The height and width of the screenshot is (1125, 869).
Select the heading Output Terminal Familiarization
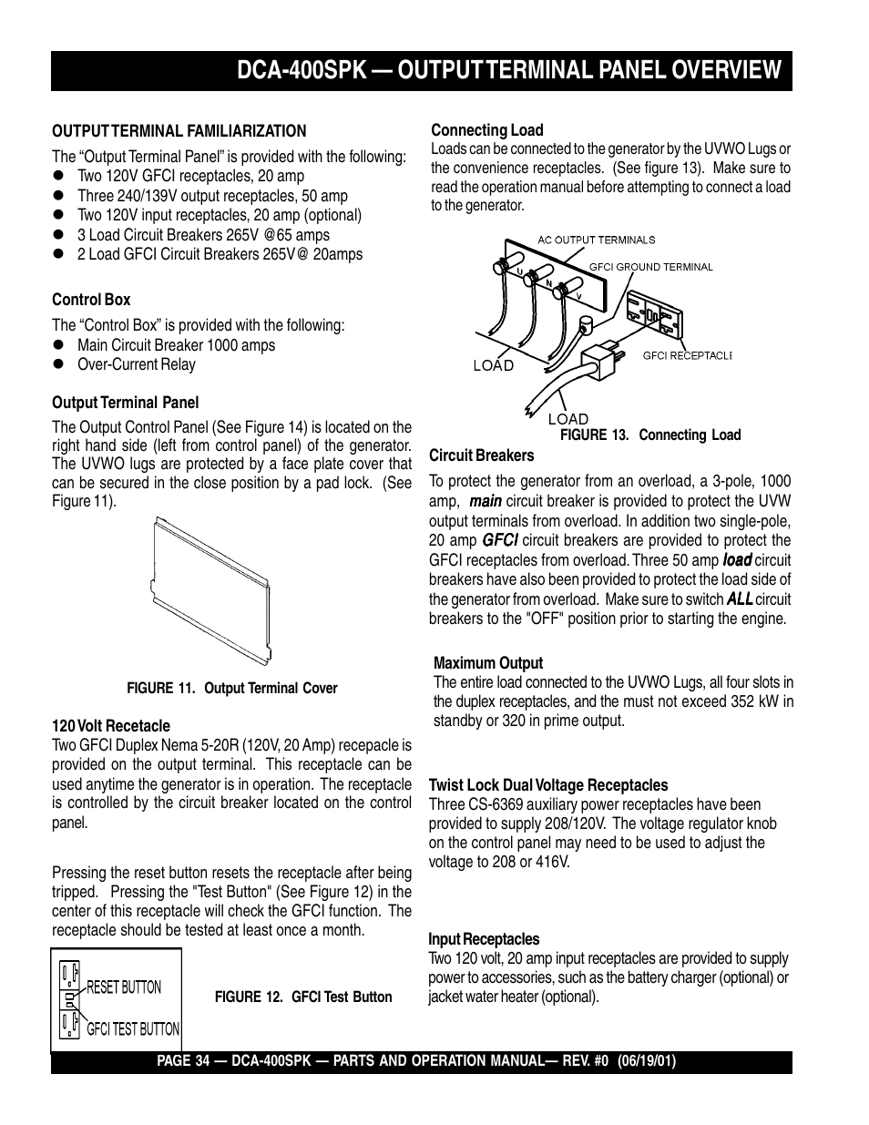coord(179,131)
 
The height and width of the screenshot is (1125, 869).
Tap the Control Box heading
coord(91,300)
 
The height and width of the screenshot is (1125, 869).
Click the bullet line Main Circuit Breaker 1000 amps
coord(176,345)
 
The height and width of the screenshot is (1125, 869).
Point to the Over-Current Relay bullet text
coord(136,364)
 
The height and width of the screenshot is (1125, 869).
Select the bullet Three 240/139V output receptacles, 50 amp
coord(212,196)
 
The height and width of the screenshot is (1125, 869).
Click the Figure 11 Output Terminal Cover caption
coord(231,689)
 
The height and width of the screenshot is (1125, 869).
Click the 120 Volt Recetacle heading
coord(110,726)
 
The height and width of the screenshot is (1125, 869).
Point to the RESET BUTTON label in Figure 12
coord(123,987)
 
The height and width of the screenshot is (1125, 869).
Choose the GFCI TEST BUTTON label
coord(133,1028)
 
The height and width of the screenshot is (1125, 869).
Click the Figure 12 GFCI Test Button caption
coord(302,997)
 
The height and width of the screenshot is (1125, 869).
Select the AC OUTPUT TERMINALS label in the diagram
coord(596,240)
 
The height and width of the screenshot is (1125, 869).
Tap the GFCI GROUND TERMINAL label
coord(650,268)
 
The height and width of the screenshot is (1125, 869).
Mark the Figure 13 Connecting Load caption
coord(649,435)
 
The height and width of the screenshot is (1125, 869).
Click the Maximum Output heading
coord(487,663)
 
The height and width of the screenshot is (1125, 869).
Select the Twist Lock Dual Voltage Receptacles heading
coord(547,785)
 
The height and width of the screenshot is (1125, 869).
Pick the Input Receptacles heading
coord(484,939)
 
